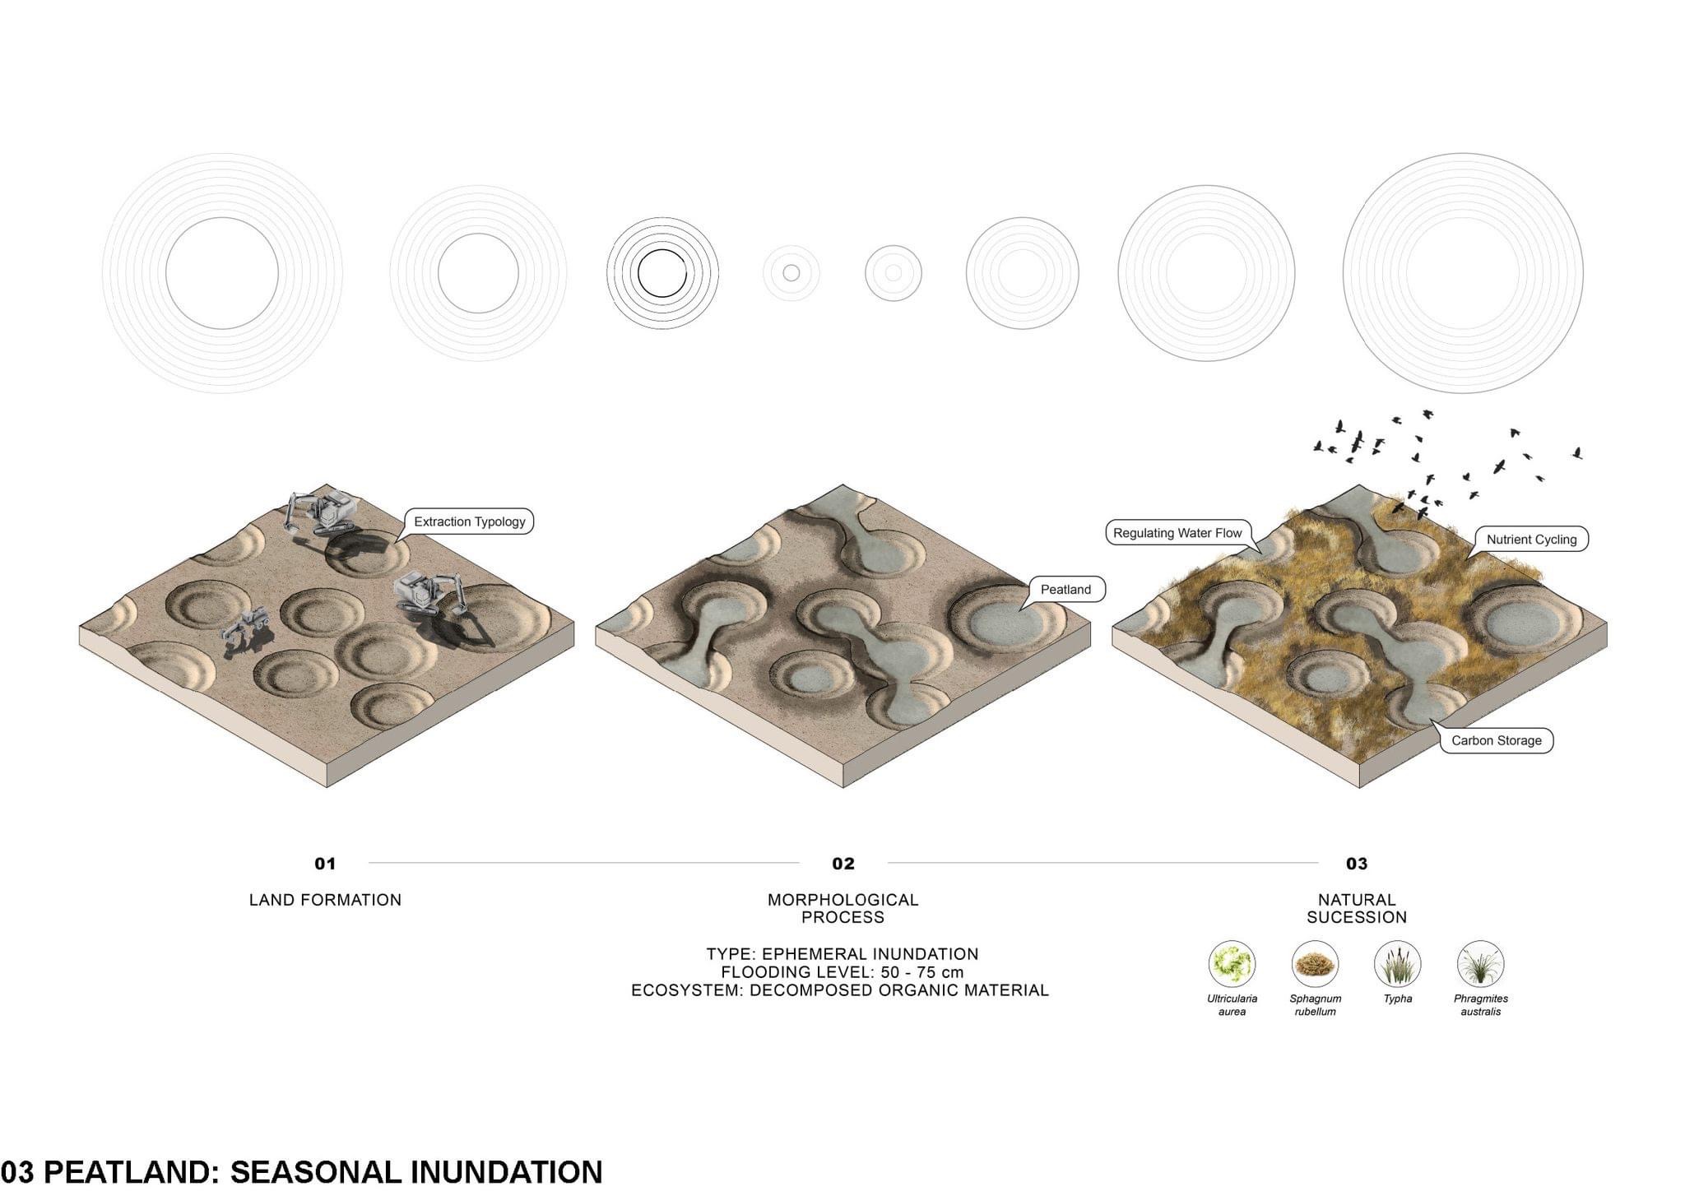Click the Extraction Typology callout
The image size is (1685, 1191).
[x=469, y=521]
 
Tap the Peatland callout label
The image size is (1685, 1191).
[x=1065, y=589]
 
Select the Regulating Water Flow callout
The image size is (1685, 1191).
[x=1177, y=533]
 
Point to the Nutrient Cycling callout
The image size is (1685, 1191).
[x=1531, y=540]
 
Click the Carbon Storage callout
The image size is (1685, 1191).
[x=1496, y=740]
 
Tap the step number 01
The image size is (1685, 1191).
[x=325, y=864]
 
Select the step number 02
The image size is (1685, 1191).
[x=843, y=864]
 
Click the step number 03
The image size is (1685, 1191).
[x=1357, y=864]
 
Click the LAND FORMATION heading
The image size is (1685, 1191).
[x=325, y=900]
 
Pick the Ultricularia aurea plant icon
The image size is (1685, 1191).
[x=1232, y=964]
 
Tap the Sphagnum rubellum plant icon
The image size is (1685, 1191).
[x=1315, y=964]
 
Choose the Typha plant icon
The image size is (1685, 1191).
[x=1398, y=964]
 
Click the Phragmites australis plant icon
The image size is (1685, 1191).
[x=1481, y=964]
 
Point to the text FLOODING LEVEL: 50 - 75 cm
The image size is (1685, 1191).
[x=842, y=972]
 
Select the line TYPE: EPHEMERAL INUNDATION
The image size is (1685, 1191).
[x=842, y=954]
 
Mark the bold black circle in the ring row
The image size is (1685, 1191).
[x=661, y=273]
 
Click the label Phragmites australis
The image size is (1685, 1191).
[x=1481, y=1005]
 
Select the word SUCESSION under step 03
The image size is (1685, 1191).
[x=1357, y=917]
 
